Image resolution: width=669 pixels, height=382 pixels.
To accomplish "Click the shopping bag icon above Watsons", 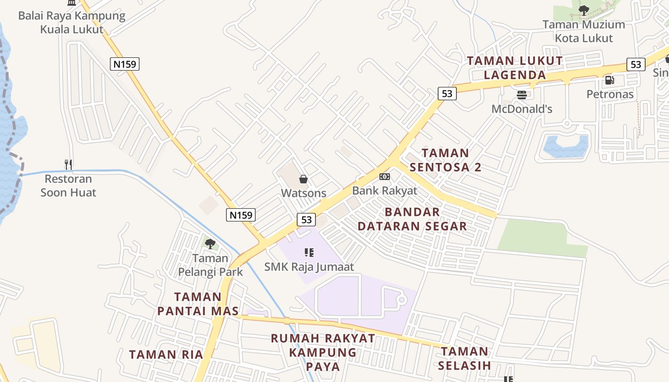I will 303,179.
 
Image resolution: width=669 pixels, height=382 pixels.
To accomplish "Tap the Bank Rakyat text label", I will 384,191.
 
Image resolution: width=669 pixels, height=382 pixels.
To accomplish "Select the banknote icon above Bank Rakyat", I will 384,177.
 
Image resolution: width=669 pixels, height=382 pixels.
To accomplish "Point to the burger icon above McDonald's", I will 521,95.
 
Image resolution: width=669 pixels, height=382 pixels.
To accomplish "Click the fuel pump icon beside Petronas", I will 609,80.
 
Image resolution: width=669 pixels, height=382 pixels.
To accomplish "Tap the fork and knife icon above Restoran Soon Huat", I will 68,165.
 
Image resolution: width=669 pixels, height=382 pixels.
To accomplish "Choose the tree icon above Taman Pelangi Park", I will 210,244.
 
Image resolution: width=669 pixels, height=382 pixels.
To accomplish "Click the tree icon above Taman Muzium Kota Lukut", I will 583,10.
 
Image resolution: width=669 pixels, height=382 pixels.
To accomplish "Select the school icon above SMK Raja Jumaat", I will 309,252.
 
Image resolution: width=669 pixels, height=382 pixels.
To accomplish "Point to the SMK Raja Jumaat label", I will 309,266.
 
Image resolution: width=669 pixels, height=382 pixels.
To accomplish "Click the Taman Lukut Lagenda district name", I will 515,68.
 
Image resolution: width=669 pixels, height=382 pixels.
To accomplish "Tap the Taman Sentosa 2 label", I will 445,160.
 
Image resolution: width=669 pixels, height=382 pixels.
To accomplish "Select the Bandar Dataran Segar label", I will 412,219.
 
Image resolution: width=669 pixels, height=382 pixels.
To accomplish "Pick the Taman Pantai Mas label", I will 198,304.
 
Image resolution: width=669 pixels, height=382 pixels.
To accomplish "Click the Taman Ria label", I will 166,354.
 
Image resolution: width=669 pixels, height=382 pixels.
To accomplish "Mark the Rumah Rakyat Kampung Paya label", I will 323,352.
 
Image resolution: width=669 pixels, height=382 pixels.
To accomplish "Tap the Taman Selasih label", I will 464,359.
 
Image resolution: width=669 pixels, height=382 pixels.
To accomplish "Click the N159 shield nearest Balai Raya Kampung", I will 125,64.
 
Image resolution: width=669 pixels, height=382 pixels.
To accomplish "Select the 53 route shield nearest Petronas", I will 636,64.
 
